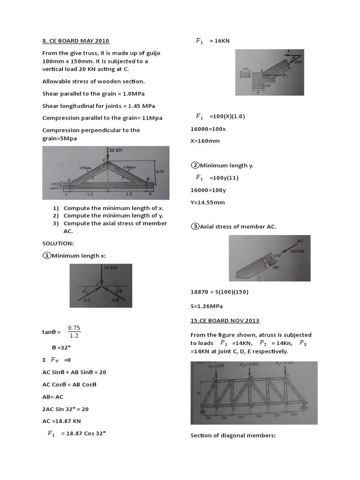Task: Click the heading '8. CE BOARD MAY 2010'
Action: pos(75,41)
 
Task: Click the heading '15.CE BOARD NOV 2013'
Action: pos(225,321)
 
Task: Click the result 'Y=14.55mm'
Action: pos(208,202)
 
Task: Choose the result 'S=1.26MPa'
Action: pos(206,307)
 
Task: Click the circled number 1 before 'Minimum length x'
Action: pos(46,256)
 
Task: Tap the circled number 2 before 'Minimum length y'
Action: pos(195,165)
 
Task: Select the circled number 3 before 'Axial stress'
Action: pos(195,227)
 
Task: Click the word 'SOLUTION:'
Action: pos(58,244)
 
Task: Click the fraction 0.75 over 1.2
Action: pos(74,331)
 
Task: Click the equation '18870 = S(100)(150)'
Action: pos(219,292)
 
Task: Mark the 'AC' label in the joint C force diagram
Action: pos(86,300)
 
